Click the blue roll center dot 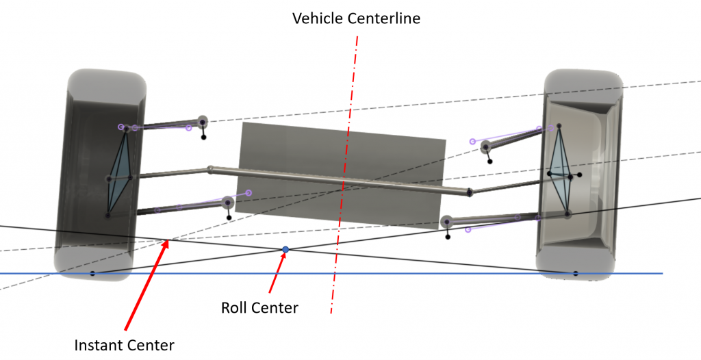285,250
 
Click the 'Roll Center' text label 259,308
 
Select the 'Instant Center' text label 124,344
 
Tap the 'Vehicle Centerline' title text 356,18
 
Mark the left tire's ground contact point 92,274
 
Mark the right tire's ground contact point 575,274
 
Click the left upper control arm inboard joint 202,122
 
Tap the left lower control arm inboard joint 228,203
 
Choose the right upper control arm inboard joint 485,146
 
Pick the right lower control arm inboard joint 447,222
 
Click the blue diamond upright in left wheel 120,175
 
